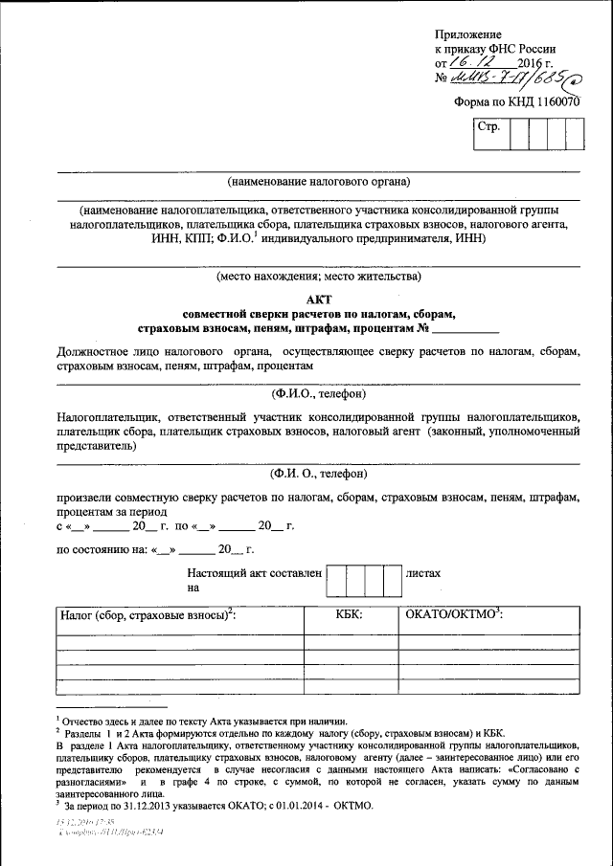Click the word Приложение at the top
tap(468, 34)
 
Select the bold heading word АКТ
tap(318, 299)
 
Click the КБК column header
tap(348, 615)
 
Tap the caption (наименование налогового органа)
tap(318, 181)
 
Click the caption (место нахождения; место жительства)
tap(318, 278)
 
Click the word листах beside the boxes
tap(423, 573)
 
